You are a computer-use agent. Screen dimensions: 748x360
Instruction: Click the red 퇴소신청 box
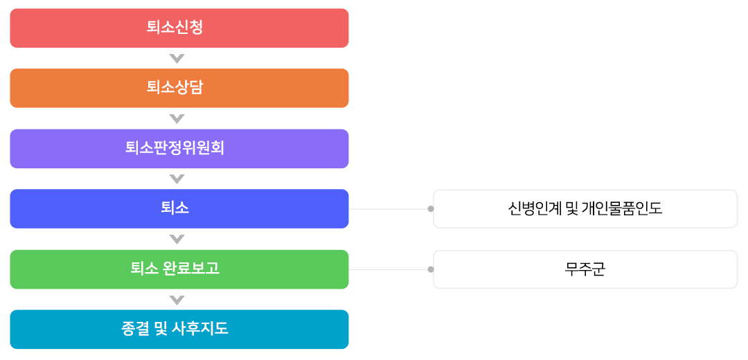[179, 28]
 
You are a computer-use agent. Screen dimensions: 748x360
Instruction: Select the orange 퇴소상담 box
[179, 88]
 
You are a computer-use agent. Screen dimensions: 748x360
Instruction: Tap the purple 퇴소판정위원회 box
[179, 149]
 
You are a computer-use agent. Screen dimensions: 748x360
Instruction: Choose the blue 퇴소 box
[179, 209]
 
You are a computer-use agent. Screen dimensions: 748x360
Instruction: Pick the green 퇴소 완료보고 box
[179, 269]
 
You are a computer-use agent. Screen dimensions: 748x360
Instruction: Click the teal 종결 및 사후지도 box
[179, 330]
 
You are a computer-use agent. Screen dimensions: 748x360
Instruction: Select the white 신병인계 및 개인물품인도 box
[585, 209]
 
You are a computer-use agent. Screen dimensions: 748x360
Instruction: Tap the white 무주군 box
[585, 269]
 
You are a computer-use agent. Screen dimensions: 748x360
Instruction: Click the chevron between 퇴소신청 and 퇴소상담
[177, 59]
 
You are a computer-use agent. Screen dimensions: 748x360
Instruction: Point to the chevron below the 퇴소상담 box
[177, 118]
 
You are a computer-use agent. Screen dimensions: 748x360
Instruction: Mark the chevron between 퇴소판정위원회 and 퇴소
[177, 179]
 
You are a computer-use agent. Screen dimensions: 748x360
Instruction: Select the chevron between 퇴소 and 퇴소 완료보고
[177, 240]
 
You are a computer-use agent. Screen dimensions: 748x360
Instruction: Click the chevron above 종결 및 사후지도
[177, 300]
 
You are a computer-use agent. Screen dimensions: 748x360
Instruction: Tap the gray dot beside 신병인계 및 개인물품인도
[431, 209]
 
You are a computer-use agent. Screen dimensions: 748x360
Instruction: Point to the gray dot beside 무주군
[431, 269]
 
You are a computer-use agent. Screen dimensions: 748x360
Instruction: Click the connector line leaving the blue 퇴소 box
[389, 209]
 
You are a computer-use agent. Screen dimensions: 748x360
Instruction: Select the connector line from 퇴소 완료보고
[389, 269]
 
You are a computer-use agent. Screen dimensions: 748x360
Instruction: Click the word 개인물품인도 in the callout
[622, 209]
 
